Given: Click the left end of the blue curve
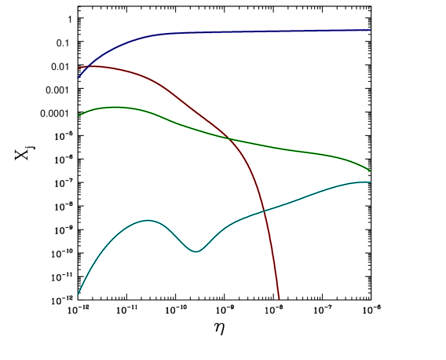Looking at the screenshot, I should (78, 79).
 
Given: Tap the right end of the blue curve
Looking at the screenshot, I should (370, 30).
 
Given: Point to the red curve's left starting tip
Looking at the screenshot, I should (79, 68).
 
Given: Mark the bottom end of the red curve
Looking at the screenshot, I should (279, 299).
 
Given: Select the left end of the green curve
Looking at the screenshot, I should (78, 116).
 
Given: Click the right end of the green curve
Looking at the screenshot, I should (370, 171).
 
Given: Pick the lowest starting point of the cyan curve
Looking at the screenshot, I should (79, 294).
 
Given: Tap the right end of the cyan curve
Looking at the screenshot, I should (370, 182).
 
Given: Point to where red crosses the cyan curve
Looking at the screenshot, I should (264, 210).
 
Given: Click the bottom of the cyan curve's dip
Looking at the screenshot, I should (196, 252).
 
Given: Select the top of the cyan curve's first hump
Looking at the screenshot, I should (147, 221).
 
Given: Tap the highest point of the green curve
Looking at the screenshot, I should (115, 107).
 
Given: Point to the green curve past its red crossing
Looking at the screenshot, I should (298, 150).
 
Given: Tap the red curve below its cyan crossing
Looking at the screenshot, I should (272, 259).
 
